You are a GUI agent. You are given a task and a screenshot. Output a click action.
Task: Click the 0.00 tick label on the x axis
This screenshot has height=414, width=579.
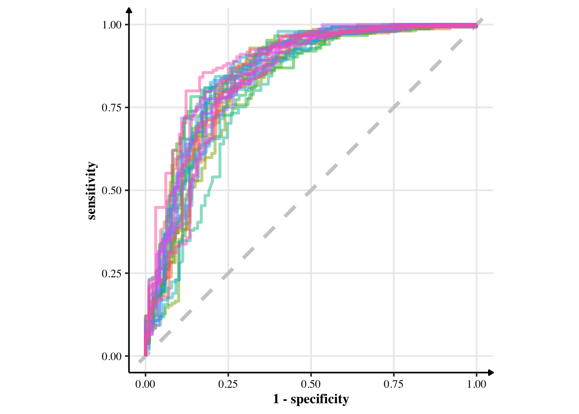[x=145, y=384]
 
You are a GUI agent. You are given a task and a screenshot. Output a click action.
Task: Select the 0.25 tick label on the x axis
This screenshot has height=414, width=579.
[x=228, y=384]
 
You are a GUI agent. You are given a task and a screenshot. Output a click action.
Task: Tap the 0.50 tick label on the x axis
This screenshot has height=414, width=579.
[x=311, y=384]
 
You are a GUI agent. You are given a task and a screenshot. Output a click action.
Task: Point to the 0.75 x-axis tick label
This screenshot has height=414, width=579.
[x=394, y=384]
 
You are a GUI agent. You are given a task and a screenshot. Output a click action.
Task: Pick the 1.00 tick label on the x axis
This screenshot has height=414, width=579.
[x=476, y=384]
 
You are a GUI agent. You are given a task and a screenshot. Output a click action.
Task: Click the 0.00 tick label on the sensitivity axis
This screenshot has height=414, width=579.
[x=112, y=357]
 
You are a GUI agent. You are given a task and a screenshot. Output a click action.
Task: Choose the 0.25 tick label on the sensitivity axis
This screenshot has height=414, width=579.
[x=112, y=273]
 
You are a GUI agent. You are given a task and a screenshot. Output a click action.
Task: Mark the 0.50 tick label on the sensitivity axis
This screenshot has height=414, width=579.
[x=112, y=191]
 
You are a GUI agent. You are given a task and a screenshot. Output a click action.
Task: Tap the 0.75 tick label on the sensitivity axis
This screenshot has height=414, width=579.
[x=112, y=108]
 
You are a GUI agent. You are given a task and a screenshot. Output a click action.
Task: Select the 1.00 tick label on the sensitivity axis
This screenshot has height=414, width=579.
[x=112, y=25]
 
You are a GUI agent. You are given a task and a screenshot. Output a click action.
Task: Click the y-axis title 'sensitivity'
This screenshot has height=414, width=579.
[x=92, y=191]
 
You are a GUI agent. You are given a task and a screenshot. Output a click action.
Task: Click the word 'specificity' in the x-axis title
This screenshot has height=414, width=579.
[x=319, y=399]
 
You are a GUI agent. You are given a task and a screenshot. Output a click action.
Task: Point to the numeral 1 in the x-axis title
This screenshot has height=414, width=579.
[x=276, y=399]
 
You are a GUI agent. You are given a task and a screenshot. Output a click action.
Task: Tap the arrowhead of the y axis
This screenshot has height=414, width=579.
[x=129, y=9]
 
